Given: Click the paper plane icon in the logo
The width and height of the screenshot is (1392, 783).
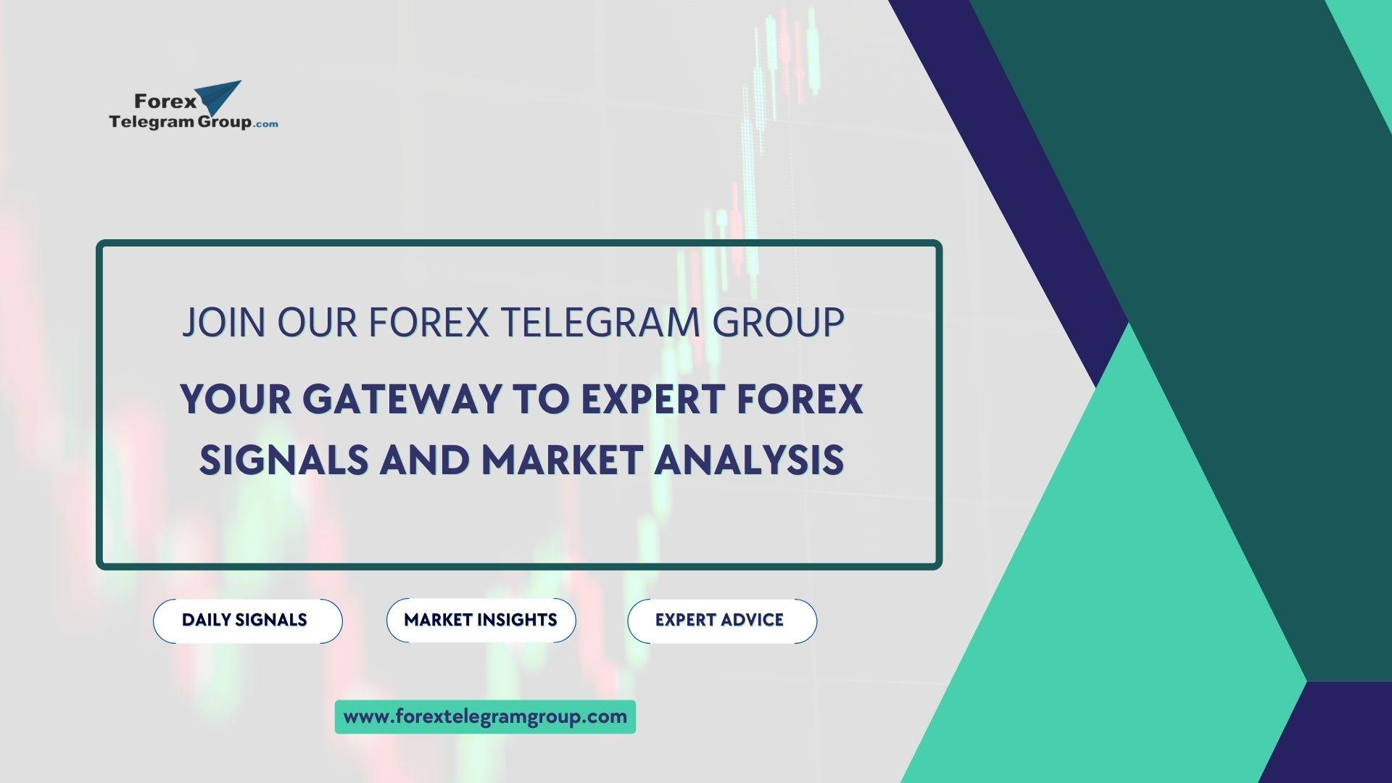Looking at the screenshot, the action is click(220, 98).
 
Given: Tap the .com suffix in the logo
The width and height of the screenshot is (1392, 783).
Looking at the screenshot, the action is click(266, 124).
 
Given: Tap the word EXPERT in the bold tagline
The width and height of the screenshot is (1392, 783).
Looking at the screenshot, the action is click(653, 399).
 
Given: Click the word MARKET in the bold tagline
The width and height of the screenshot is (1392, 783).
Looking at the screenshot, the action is click(562, 460).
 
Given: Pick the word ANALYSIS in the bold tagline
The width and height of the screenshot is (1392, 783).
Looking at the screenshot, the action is click(749, 460).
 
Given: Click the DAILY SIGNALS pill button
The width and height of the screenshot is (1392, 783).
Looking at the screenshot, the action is click(247, 621).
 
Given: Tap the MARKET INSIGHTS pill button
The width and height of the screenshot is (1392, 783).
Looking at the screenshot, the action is click(481, 620).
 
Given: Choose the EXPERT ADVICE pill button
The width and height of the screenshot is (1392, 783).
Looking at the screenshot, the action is click(721, 621).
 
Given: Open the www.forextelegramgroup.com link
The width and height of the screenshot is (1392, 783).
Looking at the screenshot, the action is click(485, 717).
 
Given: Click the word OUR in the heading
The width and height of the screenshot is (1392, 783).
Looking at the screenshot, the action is click(318, 323).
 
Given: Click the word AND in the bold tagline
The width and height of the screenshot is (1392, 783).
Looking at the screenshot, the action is click(424, 460).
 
